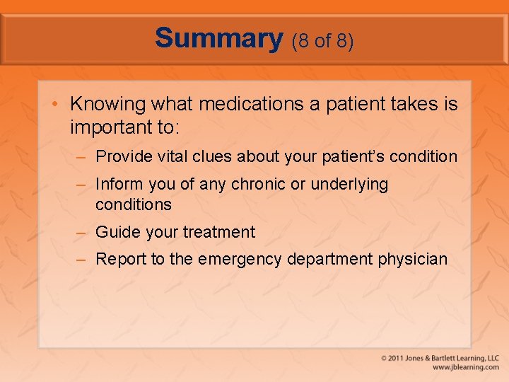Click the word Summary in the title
tap(218, 38)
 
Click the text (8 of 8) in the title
tap(322, 41)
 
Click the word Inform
tap(118, 185)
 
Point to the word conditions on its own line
tap(134, 205)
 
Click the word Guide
tap(115, 232)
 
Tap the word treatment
tap(219, 232)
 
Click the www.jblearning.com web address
tap(465, 367)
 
